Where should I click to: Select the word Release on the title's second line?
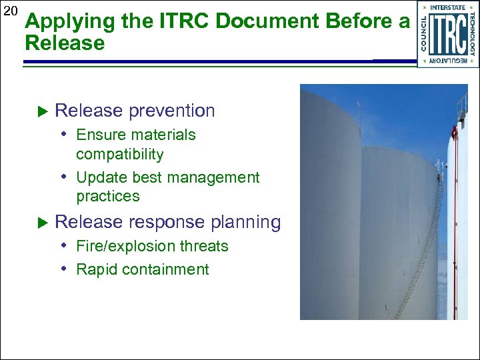point(65,44)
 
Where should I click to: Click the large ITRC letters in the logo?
point(447,35)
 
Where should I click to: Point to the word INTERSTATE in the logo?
point(447,7)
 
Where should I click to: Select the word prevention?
point(172,111)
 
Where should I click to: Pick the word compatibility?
point(119,154)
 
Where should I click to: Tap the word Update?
point(99,178)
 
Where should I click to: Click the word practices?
point(108,196)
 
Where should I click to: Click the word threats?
point(204,246)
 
